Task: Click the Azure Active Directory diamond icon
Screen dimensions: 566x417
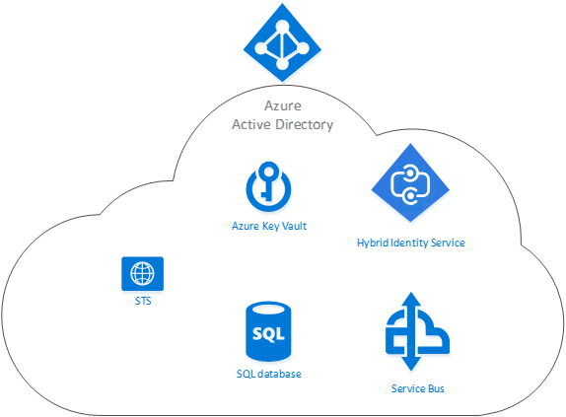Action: pos(282,42)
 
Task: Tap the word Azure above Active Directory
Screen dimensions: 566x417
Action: pos(283,105)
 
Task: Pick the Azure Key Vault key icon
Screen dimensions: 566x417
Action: pos(268,186)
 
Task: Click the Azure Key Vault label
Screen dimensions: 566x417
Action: pos(269,226)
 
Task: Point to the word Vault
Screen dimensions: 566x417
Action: pos(294,226)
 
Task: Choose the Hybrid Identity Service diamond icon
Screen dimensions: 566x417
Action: pos(410,182)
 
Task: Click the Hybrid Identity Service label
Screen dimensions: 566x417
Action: pos(411,243)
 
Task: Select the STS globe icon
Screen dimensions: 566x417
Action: pos(143,273)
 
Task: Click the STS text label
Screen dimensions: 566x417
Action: pos(143,301)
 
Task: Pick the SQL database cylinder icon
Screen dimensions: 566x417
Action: pos(268,331)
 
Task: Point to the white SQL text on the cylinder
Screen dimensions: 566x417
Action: pos(268,333)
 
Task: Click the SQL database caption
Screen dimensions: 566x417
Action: pos(269,374)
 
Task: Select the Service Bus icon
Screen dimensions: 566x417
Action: pos(418,331)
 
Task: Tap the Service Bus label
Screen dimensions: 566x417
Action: pos(418,388)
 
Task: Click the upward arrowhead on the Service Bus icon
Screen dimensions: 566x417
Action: pos(411,299)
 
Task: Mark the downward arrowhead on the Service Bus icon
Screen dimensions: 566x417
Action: pos(411,364)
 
